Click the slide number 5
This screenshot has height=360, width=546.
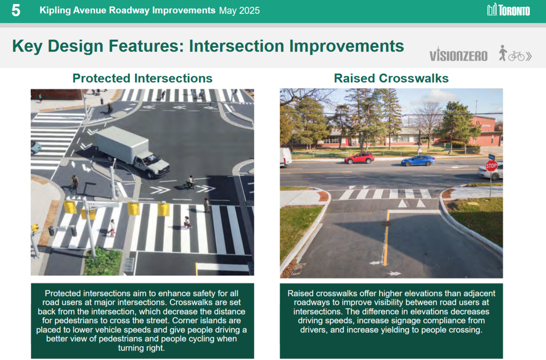coord(16,10)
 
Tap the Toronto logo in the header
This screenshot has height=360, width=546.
coord(508,10)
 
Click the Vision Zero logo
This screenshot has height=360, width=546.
coord(458,54)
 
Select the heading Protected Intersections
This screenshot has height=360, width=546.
coord(142,78)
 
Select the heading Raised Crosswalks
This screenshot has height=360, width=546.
coord(391,78)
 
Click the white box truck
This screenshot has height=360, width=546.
coord(132,151)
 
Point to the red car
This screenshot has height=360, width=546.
coord(359,158)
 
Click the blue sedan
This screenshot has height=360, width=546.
coord(418,160)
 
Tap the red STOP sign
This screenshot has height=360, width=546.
coord(491,166)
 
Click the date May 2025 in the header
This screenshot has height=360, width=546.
coord(239,11)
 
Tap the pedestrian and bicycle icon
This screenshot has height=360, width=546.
coord(515,53)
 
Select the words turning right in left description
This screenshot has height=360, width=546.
coord(141,348)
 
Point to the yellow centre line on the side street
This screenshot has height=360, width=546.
coord(386,238)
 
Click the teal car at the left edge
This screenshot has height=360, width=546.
coord(35,147)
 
